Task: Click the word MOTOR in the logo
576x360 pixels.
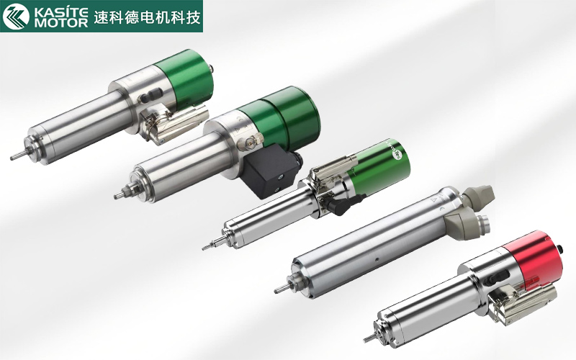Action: (61, 23)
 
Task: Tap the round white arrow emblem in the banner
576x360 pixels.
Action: (16, 16)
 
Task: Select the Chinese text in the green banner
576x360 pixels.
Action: (148, 17)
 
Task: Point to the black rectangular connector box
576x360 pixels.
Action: (271, 171)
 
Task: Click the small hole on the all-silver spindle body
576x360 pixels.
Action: (377, 259)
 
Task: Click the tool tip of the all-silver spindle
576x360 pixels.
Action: (276, 292)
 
